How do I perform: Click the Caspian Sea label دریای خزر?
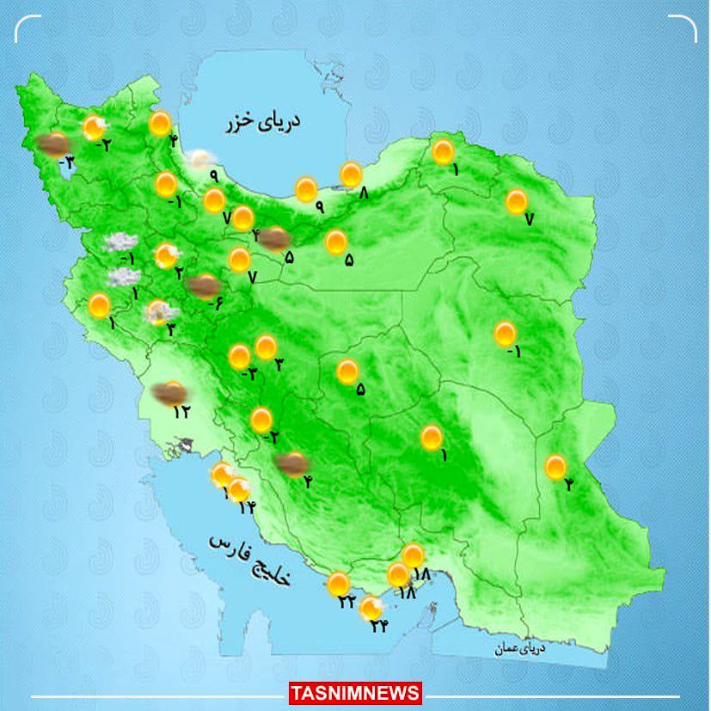265,124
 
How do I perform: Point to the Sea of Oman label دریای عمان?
517,649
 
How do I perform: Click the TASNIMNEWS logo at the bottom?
355,693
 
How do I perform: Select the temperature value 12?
181,412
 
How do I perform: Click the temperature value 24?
378,626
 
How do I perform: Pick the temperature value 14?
248,508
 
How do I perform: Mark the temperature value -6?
215,303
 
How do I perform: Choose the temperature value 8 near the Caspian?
363,194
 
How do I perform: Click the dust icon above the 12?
169,393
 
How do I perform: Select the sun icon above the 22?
338,583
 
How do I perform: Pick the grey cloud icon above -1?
120,243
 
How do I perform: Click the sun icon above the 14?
239,490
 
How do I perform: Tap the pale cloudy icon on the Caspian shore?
202,159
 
